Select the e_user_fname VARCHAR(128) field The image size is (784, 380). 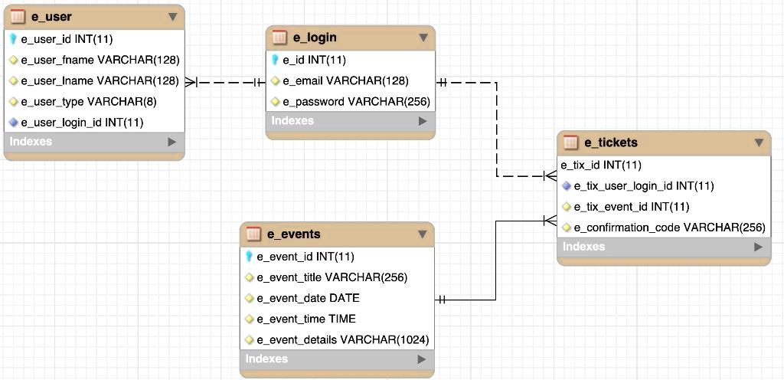coord(100,60)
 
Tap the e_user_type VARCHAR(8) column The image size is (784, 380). coord(89,102)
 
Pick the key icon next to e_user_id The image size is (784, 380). coord(14,39)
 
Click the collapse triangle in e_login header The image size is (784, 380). coord(423,38)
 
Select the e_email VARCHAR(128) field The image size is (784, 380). coord(345,81)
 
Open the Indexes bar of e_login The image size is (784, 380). coord(350,121)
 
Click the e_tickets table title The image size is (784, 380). coord(611,142)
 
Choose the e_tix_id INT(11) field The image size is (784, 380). coord(601,165)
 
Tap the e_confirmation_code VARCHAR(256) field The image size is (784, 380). coord(669,228)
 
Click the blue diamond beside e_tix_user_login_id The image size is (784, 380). coord(567,186)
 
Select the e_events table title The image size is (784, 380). coord(294,234)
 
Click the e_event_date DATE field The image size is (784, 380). coord(308,298)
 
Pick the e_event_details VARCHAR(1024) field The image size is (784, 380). coord(342,340)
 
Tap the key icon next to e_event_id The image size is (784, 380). coord(249,257)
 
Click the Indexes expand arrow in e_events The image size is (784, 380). coord(422,359)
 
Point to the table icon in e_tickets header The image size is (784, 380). coord(570,142)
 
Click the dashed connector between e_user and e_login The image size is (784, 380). coord(226,82)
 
